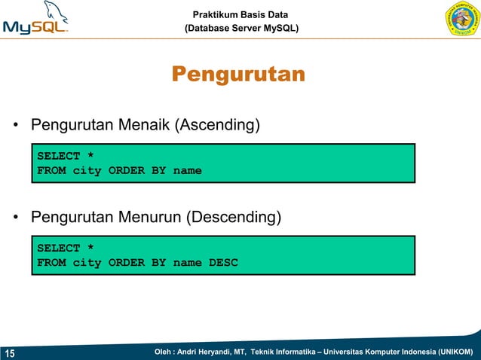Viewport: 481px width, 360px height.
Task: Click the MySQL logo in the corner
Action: click(x=36, y=20)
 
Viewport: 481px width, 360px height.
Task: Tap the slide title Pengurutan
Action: click(x=238, y=75)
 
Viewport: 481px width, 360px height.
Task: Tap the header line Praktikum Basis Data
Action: click(x=240, y=14)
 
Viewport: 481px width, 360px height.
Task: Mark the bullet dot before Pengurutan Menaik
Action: click(x=14, y=125)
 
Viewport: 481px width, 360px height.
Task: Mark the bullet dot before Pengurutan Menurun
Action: click(x=14, y=218)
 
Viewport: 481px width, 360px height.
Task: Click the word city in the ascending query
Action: click(x=87, y=171)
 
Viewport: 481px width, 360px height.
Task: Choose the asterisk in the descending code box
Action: click(x=90, y=248)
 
